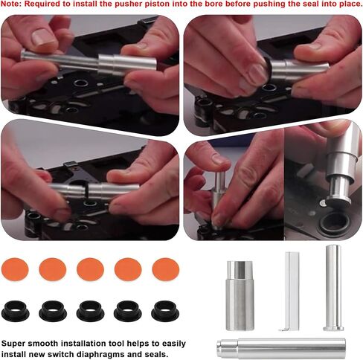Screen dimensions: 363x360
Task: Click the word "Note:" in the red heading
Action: [x=11, y=4]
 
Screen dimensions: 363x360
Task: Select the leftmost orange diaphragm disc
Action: [x=15, y=269]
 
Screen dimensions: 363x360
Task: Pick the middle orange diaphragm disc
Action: [x=90, y=269]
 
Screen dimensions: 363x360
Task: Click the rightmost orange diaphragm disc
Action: [x=166, y=269]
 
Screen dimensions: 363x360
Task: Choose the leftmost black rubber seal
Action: [x=16, y=311]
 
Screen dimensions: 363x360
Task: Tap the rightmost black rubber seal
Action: [x=165, y=311]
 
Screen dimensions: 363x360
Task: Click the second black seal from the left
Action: [x=53, y=311]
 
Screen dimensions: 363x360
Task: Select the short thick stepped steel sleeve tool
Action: [x=240, y=295]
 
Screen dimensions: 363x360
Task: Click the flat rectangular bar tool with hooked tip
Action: [x=292, y=292]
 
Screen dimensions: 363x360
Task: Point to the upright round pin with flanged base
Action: [x=333, y=288]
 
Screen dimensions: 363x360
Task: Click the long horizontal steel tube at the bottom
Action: [x=281, y=348]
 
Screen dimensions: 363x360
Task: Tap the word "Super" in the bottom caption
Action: [x=13, y=344]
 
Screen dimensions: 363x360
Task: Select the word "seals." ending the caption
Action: [x=156, y=354]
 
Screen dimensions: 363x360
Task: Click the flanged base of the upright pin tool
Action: [x=333, y=329]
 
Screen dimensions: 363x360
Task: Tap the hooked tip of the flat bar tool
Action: [x=283, y=330]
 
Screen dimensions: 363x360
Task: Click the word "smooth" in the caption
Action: [x=43, y=344]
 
